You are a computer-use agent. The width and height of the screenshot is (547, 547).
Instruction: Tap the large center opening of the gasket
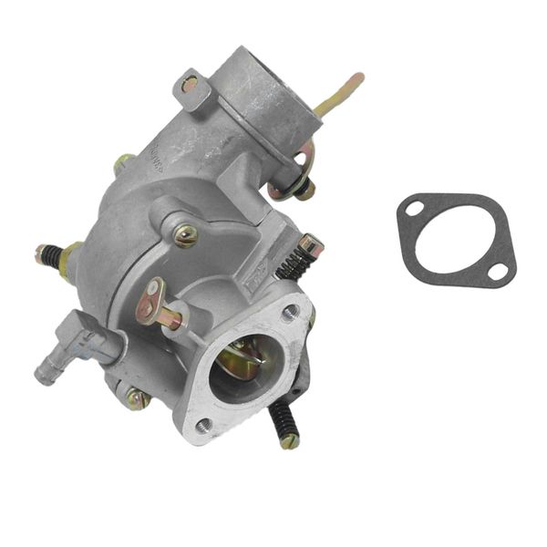(x=456, y=240)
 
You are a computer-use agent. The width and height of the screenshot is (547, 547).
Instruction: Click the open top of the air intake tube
(x=264, y=68)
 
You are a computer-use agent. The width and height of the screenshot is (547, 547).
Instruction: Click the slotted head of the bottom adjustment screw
(x=290, y=441)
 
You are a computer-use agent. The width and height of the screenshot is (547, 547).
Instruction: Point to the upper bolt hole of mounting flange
(x=289, y=313)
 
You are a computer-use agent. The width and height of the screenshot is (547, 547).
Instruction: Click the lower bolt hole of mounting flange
(x=202, y=425)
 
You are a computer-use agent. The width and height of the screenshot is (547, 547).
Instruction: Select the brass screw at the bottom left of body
(x=136, y=397)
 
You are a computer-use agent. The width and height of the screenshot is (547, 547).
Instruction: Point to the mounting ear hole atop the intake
(x=189, y=83)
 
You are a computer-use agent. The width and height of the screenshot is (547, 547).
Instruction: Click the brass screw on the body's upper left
(x=123, y=165)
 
